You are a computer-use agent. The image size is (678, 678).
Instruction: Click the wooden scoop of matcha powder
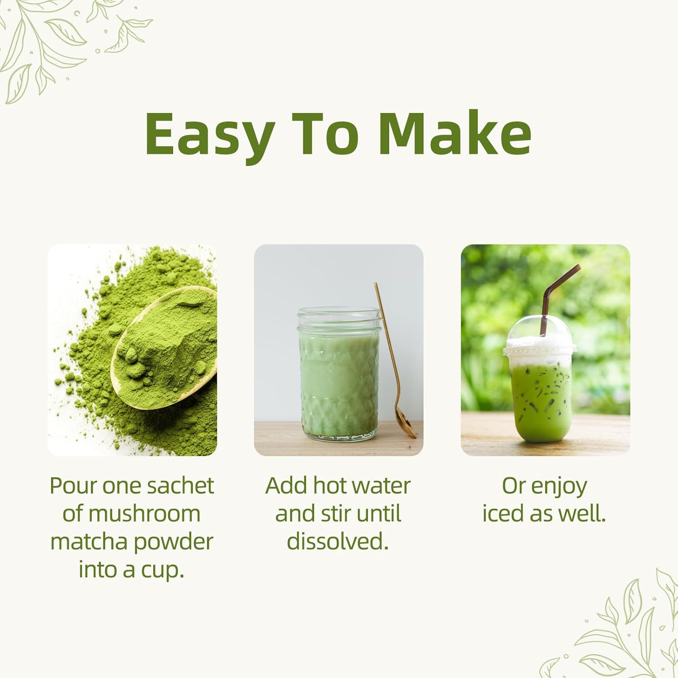165,348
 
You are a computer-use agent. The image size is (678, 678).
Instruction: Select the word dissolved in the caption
338,541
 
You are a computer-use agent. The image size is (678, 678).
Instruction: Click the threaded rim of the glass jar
339,318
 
